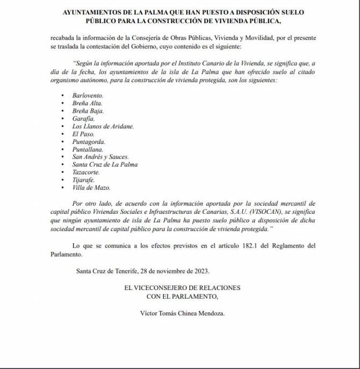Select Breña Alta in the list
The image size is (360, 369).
87,103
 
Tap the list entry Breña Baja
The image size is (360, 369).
88,111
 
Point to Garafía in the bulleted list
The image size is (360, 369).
83,118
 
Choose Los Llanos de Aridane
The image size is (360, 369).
103,126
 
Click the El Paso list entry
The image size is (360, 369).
83,134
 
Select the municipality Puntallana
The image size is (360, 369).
88,149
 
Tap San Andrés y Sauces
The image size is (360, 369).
100,157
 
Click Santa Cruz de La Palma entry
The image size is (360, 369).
105,165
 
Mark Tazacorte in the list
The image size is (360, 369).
86,172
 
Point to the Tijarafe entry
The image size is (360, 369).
83,180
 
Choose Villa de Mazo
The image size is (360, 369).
91,188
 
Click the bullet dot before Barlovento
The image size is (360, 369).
62,95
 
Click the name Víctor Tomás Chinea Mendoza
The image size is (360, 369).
174,313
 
